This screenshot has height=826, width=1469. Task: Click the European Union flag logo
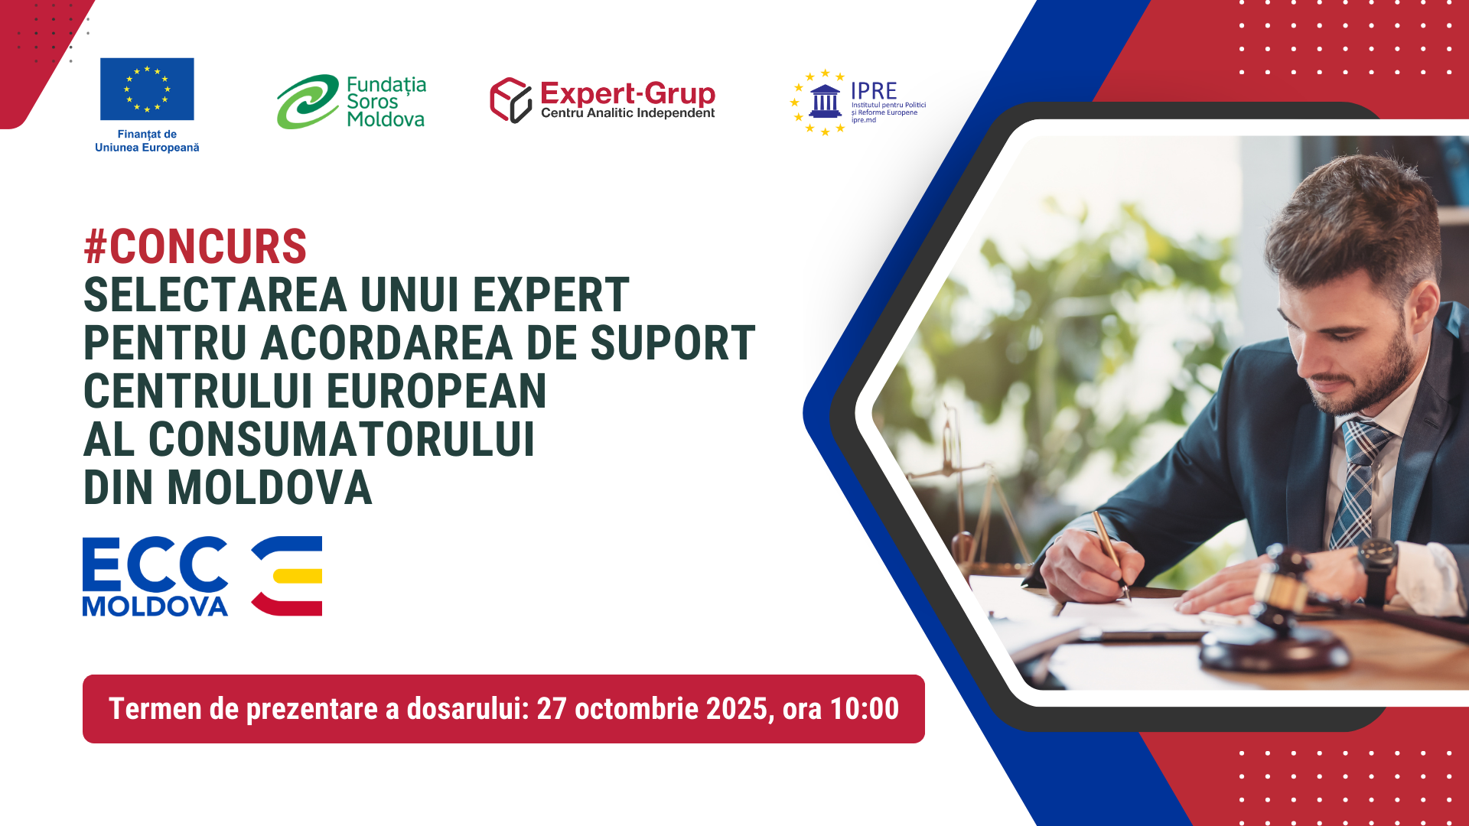point(147,89)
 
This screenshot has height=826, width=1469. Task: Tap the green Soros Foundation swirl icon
point(308,102)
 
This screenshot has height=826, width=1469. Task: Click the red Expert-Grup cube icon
point(510,100)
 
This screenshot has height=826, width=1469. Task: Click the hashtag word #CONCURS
point(195,246)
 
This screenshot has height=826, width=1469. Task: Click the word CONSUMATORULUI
point(341,439)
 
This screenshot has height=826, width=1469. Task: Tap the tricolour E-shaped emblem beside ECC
point(287,576)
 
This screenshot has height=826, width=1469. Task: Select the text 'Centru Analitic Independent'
point(627,113)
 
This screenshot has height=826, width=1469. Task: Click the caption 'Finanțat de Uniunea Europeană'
point(147,141)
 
